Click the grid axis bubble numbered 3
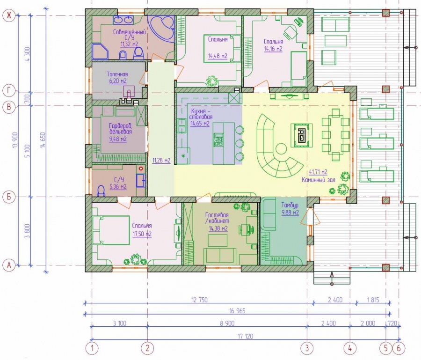pyautogui.click(x=307, y=348)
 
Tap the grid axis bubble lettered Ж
pyautogui.click(x=9, y=16)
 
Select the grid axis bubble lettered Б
pyautogui.click(x=9, y=197)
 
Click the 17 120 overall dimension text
pyautogui.click(x=246, y=336)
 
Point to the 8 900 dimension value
pyautogui.click(x=227, y=323)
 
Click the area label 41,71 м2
pyautogui.click(x=318, y=172)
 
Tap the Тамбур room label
pyautogui.click(x=290, y=205)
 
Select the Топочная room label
pyautogui.click(x=117, y=74)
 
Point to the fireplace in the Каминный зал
pyautogui.click(x=302, y=135)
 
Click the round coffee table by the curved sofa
pyautogui.click(x=281, y=148)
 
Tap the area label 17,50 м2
pyautogui.click(x=142, y=234)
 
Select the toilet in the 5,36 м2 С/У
pyautogui.click(x=101, y=190)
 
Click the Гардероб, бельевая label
pyautogui.click(x=121, y=128)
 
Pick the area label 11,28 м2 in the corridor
pyautogui.click(x=161, y=161)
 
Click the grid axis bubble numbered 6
pyautogui.click(x=399, y=348)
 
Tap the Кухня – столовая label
pyautogui.click(x=201, y=114)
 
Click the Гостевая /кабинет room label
pyautogui.click(x=217, y=218)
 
